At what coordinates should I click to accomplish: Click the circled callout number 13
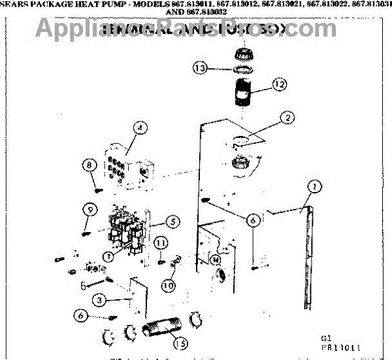point(201,67)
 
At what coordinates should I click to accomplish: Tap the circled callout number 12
point(280,84)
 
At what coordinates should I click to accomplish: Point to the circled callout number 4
point(139,128)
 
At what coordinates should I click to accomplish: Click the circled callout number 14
point(216,259)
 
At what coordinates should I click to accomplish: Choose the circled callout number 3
point(98,301)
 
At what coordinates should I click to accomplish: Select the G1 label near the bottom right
point(326,338)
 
